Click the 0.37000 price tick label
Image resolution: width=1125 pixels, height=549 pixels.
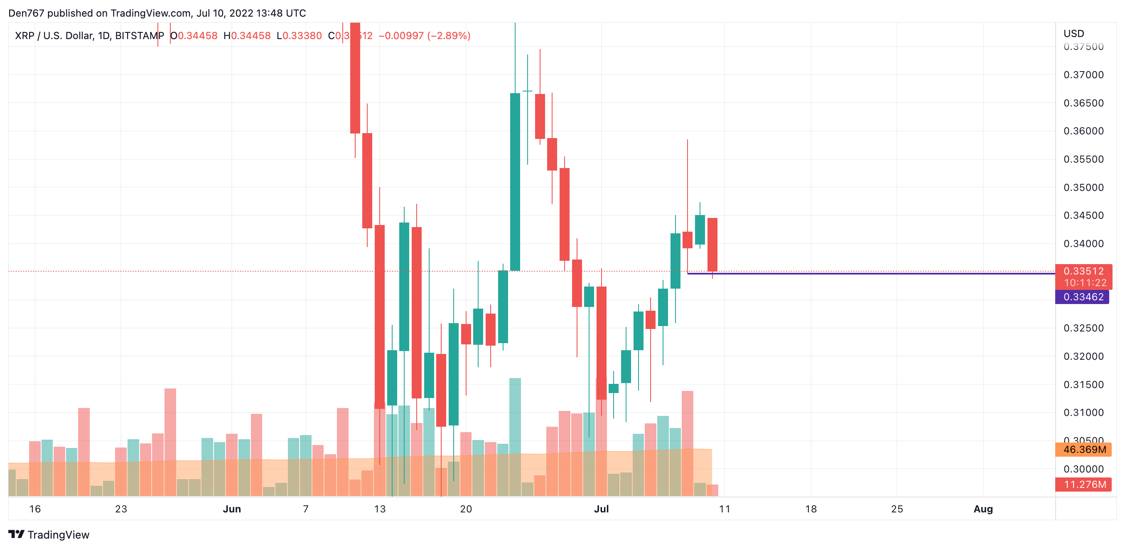click(x=1083, y=75)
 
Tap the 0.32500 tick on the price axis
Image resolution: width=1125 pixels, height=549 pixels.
click(x=1083, y=328)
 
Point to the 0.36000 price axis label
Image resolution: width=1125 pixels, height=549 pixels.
click(x=1083, y=131)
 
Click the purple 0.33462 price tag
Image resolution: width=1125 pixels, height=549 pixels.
click(x=1082, y=297)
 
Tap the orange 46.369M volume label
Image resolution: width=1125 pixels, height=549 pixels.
click(x=1083, y=449)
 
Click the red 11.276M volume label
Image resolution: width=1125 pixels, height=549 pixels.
click(x=1083, y=484)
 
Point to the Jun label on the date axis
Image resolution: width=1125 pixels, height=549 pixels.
click(x=231, y=509)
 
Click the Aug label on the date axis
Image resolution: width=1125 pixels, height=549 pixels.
click(x=983, y=509)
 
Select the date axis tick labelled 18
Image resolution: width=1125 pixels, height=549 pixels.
click(x=811, y=509)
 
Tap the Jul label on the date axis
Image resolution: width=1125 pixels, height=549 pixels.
click(x=601, y=509)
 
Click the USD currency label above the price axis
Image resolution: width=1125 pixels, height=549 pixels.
click(x=1073, y=34)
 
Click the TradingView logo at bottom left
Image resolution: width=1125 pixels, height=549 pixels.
click(x=49, y=534)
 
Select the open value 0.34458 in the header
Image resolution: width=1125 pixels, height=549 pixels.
click(x=197, y=36)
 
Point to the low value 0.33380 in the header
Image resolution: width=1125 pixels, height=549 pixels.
click(x=302, y=36)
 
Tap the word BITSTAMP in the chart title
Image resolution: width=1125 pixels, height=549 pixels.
click(x=139, y=36)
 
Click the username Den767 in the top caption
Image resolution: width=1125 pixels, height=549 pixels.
click(x=26, y=13)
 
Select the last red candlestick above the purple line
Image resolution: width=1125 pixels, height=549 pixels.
click(x=712, y=245)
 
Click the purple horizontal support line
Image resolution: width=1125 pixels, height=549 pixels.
click(x=873, y=273)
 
